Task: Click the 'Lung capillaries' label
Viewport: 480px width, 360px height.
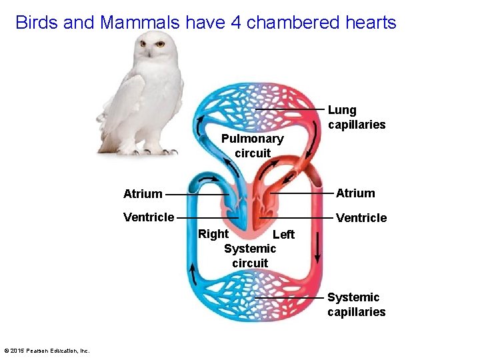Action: (356, 117)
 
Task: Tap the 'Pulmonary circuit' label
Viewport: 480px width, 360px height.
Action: (252, 146)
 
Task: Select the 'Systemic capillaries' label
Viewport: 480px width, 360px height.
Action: (356, 305)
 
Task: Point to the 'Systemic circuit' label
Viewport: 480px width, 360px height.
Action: (250, 256)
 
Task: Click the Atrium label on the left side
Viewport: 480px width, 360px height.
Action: (143, 194)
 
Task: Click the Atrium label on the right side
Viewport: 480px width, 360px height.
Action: (355, 193)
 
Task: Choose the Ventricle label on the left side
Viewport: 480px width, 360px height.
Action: (149, 217)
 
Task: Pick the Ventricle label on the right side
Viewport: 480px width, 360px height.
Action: (361, 218)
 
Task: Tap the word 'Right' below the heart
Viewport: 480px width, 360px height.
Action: (213, 234)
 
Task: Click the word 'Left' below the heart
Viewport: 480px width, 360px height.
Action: (283, 235)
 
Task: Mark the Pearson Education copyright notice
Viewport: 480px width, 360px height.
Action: (46, 351)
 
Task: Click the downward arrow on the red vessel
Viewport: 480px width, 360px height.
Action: (317, 249)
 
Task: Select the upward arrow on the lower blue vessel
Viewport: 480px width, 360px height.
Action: (193, 273)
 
